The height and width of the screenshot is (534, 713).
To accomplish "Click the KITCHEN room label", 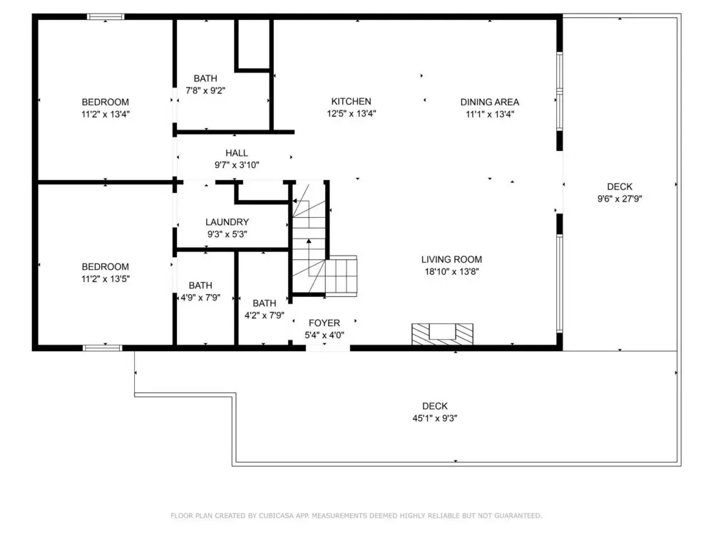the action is (351, 101).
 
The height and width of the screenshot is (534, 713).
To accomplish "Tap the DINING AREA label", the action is (490, 102).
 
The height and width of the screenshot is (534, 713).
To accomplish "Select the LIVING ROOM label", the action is (451, 259).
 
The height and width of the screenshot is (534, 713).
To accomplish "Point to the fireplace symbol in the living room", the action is (442, 334).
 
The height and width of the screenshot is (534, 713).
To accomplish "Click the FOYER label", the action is (324, 323).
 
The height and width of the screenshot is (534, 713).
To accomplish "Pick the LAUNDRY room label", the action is (227, 222).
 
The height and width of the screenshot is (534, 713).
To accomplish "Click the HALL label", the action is (237, 153).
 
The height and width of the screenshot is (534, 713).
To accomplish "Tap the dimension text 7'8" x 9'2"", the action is (205, 90).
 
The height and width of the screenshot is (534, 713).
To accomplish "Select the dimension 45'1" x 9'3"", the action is (435, 418).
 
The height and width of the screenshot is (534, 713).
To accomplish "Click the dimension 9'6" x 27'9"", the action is (620, 199).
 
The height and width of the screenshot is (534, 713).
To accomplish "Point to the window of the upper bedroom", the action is (106, 17).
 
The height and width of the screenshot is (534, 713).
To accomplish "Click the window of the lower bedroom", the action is (102, 348).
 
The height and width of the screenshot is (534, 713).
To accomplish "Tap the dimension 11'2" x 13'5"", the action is (106, 279).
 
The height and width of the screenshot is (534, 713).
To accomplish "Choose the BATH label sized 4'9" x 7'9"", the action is (200, 286).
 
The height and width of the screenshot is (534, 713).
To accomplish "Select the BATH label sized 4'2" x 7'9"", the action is (265, 303).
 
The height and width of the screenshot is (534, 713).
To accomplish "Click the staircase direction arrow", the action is (309, 255).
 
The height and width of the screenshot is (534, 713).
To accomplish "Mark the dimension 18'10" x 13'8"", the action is (451, 271).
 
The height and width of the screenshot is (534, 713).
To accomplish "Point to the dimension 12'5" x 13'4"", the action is (352, 113).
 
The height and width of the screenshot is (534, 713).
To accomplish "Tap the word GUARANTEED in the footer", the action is (518, 515).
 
